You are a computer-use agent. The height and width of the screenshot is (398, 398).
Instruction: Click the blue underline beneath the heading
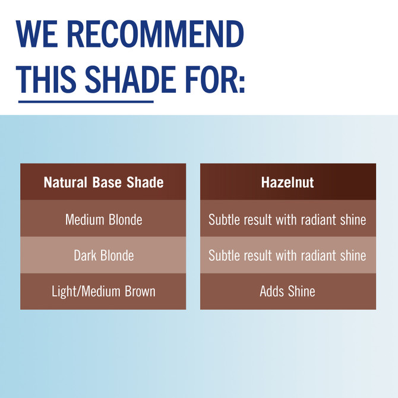(x=86, y=101)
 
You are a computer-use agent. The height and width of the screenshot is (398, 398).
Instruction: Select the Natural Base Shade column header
(x=103, y=182)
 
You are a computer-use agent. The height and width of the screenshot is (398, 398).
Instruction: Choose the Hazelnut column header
(x=288, y=182)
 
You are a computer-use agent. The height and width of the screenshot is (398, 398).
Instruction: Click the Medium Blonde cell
(x=103, y=220)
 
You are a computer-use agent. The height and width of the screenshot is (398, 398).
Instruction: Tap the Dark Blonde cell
(x=103, y=255)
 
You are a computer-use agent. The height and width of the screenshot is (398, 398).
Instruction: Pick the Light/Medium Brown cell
(x=103, y=291)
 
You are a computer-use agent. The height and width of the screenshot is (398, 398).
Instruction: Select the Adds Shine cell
(x=288, y=291)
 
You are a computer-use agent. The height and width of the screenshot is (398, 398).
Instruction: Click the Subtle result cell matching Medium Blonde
(x=288, y=220)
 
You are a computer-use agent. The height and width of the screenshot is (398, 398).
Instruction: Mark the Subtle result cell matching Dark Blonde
(x=288, y=255)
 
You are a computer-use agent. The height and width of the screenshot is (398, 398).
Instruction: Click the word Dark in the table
(x=86, y=255)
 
